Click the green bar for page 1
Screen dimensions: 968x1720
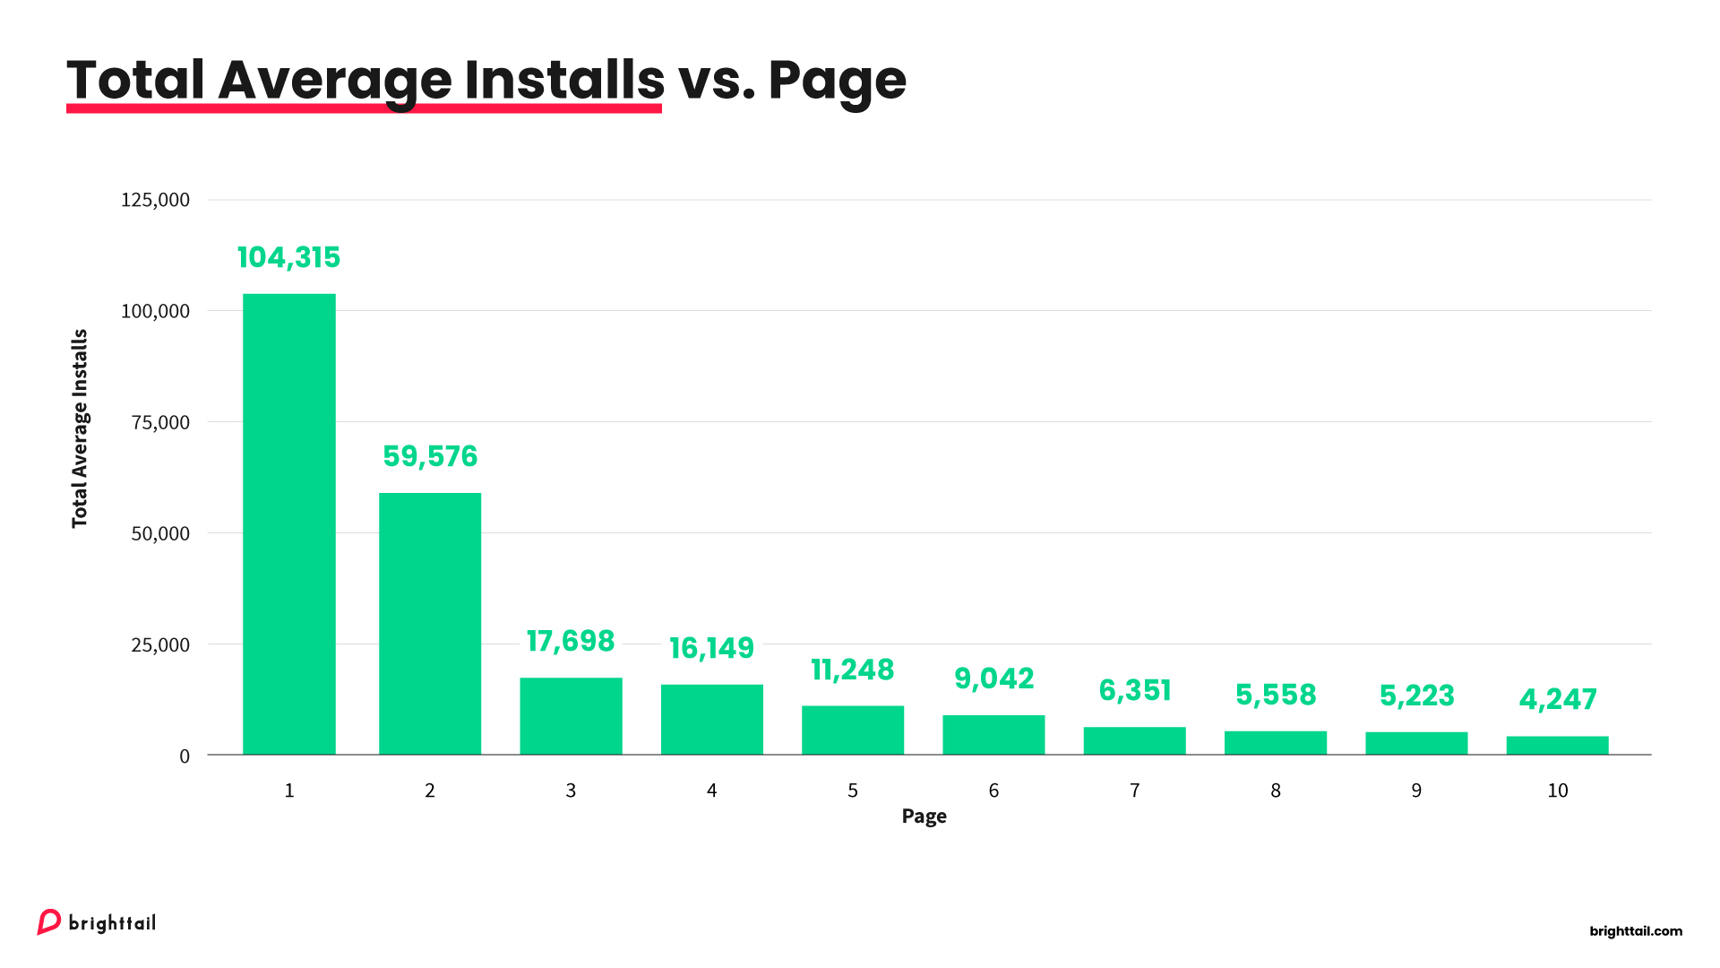click(289, 524)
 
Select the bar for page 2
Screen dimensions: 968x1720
click(430, 624)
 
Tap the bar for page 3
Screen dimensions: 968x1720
click(571, 716)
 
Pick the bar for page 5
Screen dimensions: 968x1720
click(853, 730)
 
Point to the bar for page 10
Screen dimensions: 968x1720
click(1557, 746)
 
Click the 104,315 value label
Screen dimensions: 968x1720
click(288, 257)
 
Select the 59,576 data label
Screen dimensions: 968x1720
click(430, 456)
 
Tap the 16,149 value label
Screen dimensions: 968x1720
click(711, 647)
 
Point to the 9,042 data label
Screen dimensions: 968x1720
click(993, 678)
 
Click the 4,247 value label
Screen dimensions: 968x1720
click(1557, 699)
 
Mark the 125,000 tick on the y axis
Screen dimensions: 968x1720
click(155, 200)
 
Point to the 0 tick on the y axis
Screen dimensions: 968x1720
click(185, 756)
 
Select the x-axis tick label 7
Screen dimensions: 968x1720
click(1134, 791)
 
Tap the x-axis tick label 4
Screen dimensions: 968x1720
click(711, 791)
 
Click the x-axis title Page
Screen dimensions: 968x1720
click(924, 817)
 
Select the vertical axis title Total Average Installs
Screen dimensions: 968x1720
click(80, 428)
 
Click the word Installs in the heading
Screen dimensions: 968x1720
click(564, 80)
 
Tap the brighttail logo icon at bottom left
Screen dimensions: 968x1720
click(48, 922)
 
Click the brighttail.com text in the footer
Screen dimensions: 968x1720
click(1636, 931)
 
